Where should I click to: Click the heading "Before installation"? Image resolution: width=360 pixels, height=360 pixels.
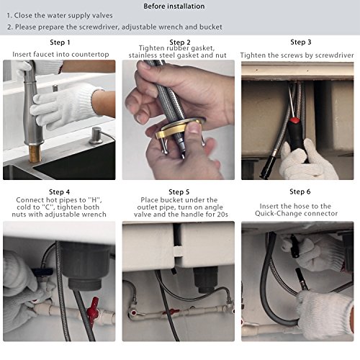(174, 6)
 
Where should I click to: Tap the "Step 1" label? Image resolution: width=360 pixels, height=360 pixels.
(60, 42)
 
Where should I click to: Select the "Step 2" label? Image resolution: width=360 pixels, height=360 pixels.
(180, 42)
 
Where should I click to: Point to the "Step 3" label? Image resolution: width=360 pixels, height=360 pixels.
(301, 42)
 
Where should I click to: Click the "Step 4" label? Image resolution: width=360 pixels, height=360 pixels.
(59, 192)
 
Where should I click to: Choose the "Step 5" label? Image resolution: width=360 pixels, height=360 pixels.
(179, 192)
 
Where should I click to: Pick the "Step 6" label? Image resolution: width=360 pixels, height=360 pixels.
(300, 192)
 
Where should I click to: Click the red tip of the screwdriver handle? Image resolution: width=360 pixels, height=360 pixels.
(294, 120)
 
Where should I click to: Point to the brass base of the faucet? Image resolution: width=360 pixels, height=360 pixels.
(35, 153)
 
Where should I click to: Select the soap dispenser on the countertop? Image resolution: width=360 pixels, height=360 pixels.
(96, 136)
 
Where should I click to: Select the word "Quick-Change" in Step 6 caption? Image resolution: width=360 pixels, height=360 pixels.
(276, 213)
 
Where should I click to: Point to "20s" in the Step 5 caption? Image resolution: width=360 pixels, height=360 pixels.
(222, 214)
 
